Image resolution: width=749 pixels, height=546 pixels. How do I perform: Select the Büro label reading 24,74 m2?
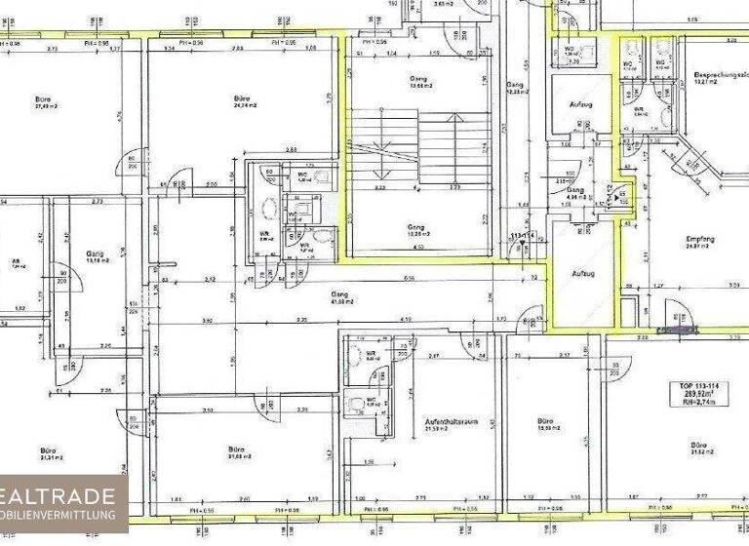pyautogui.click(x=244, y=101)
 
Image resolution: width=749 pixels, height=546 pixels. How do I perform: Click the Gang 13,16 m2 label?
pyautogui.click(x=95, y=254)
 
